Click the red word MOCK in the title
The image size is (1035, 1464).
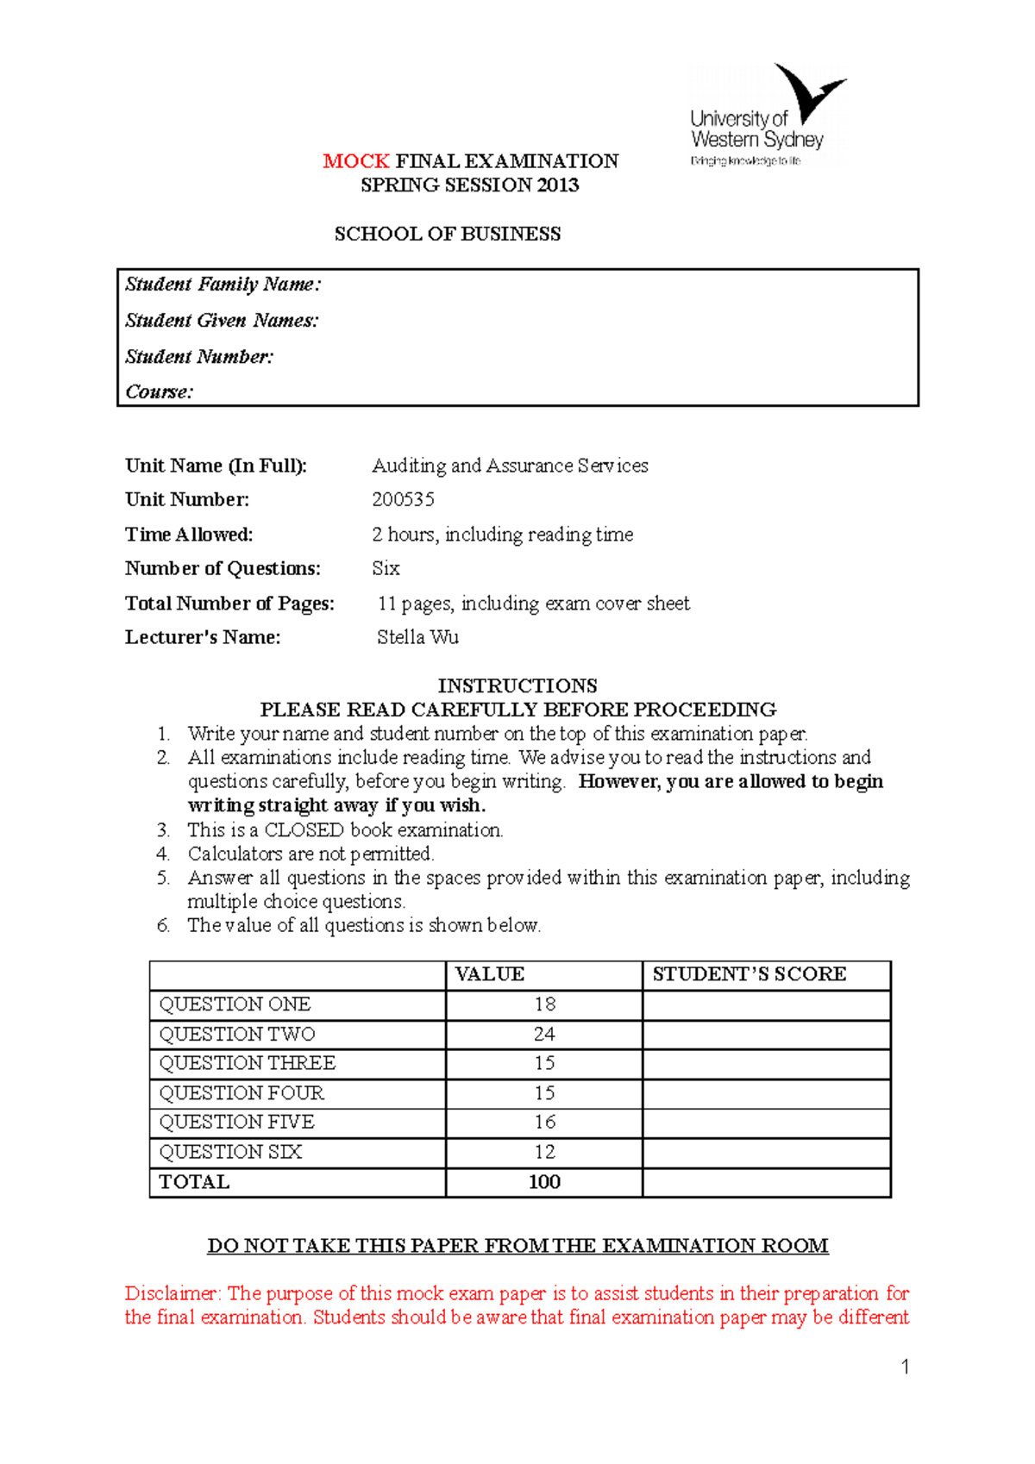pos(356,161)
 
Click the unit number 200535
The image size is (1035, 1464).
pos(403,500)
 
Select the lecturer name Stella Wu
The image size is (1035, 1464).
pos(417,638)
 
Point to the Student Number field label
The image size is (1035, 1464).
pos(199,357)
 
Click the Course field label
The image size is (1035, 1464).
pos(160,392)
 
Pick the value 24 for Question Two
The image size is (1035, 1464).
pos(544,1035)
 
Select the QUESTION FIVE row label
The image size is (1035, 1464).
pos(236,1123)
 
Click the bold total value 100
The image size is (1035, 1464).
pos(544,1182)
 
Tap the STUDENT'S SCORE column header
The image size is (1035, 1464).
pos(749,974)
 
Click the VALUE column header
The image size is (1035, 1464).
pos(489,974)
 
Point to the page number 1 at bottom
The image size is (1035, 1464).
pos(905,1367)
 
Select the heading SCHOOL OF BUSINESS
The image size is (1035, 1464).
pos(448,235)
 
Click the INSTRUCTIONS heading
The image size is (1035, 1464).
pos(517,686)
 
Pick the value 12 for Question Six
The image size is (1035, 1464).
pos(544,1153)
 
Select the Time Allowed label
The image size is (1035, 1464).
pos(189,535)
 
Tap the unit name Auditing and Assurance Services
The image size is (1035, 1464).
pos(510,466)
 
